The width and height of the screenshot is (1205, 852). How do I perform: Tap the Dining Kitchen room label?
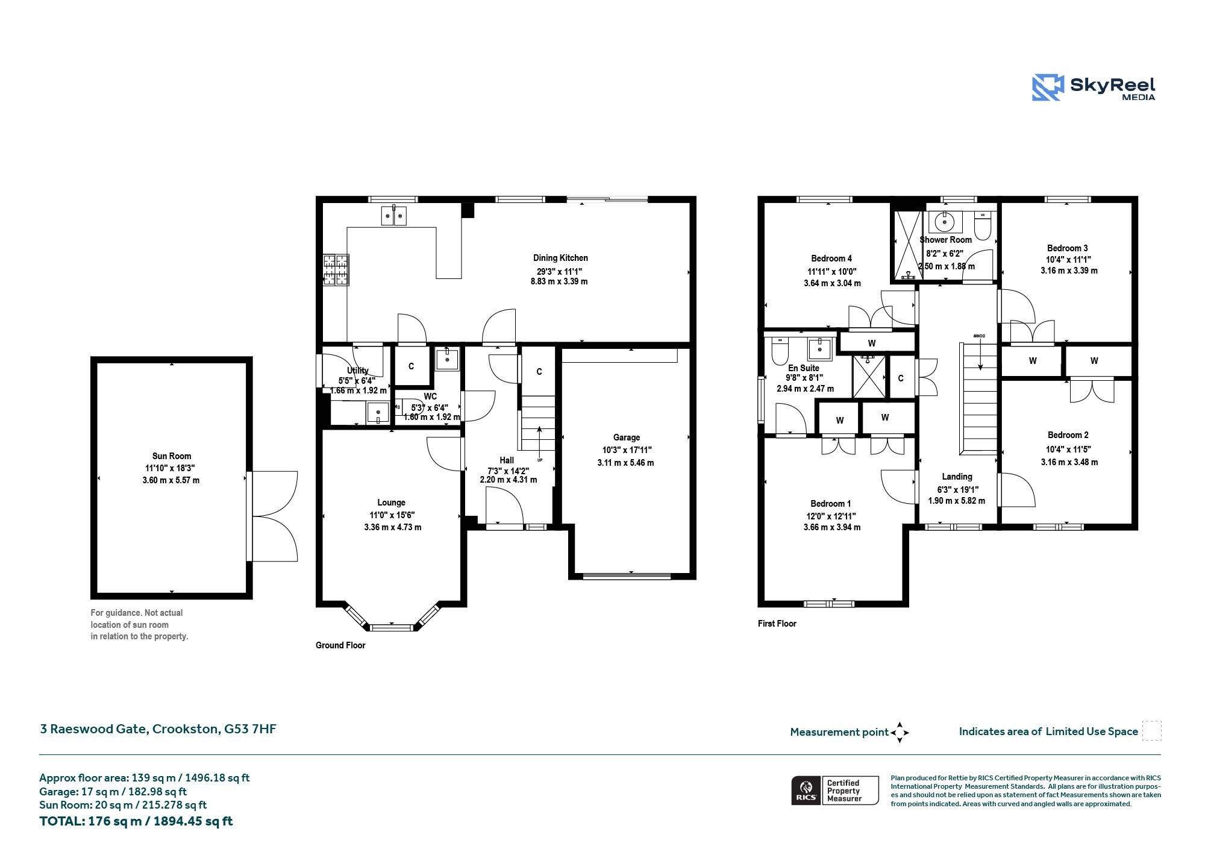pos(560,258)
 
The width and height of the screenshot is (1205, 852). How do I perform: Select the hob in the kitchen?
pos(336,269)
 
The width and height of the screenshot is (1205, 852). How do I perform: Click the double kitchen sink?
pos(394,215)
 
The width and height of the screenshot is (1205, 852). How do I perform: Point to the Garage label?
pos(627,437)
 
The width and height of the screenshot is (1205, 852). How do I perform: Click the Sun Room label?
pos(172,456)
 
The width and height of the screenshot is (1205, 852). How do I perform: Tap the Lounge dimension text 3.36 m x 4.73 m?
pos(393,527)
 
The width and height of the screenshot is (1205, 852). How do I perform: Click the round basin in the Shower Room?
pos(945,222)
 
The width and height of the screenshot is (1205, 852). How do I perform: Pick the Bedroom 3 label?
pos(1068,248)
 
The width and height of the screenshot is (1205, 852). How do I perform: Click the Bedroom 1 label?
pos(831,504)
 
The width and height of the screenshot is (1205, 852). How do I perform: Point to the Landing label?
pos(957,477)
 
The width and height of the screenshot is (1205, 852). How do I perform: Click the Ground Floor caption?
pos(340,645)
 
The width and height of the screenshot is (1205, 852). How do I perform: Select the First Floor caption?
pos(777,624)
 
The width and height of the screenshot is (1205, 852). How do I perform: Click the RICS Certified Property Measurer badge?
pos(835,791)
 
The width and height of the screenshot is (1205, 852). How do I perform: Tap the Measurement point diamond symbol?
pos(900,733)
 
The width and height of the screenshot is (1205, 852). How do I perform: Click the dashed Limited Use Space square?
pos(1152,731)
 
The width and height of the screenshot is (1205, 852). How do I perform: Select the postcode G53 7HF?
pos(251,729)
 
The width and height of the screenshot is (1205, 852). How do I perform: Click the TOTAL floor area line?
pos(136,821)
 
